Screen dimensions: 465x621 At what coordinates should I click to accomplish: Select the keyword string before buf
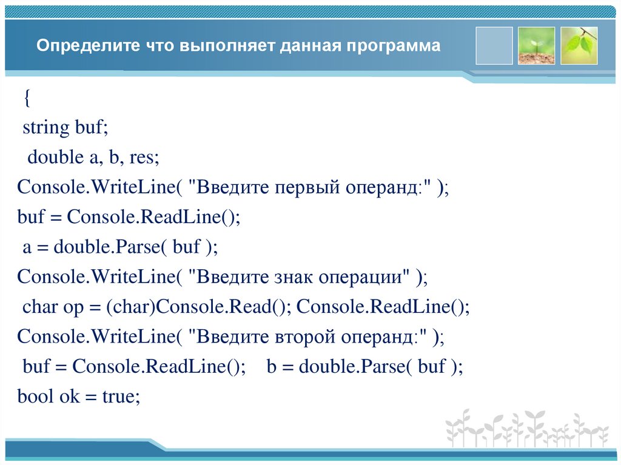pos(46,128)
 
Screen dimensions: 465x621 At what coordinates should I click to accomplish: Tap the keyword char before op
pos(40,307)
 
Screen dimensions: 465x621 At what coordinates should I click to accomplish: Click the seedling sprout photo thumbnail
pos(536,45)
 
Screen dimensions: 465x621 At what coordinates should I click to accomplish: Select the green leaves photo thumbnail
pos(579,45)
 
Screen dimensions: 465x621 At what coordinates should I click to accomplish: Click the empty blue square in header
pos(494,45)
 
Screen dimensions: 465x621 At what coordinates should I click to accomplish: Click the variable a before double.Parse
pos(27,247)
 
